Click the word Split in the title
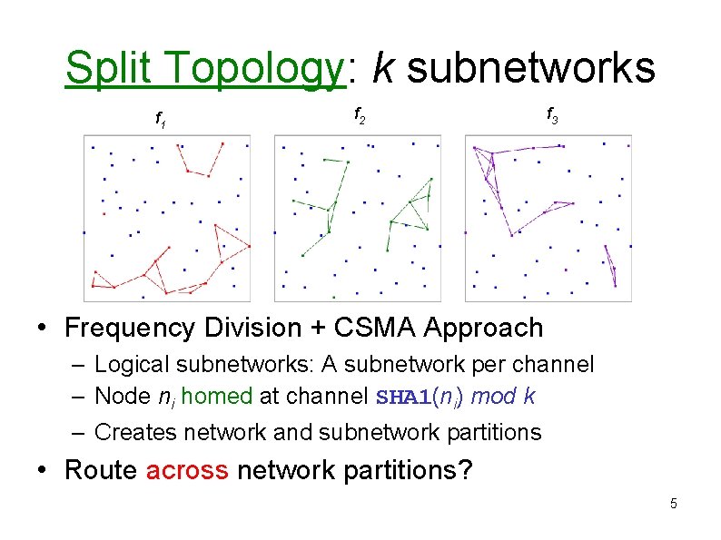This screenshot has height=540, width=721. coord(109,67)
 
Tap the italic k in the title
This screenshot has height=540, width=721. coord(382,67)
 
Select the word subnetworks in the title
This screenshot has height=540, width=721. coord(530,67)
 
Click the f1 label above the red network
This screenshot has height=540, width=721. coord(160,117)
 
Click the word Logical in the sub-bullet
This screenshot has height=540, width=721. coord(130,365)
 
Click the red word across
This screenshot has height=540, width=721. coord(187,470)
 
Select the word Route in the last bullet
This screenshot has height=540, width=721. coord(100,470)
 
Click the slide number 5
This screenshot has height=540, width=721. coord(673,504)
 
